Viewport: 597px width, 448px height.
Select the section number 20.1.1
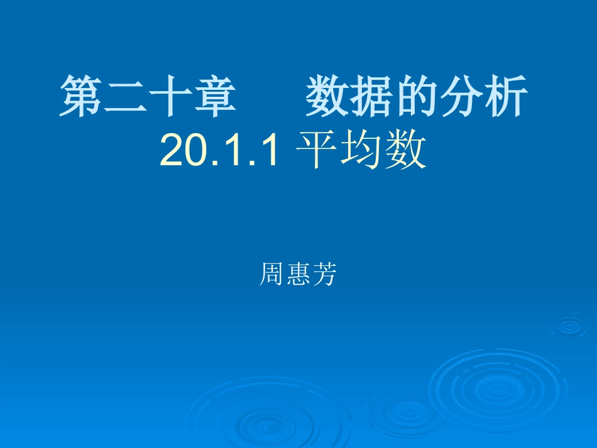[x=219, y=151]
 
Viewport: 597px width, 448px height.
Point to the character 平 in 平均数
[x=317, y=151]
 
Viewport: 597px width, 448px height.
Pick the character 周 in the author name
[x=271, y=275]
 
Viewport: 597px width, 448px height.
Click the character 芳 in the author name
[x=324, y=275]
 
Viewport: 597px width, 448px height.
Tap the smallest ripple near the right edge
[x=569, y=325]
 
